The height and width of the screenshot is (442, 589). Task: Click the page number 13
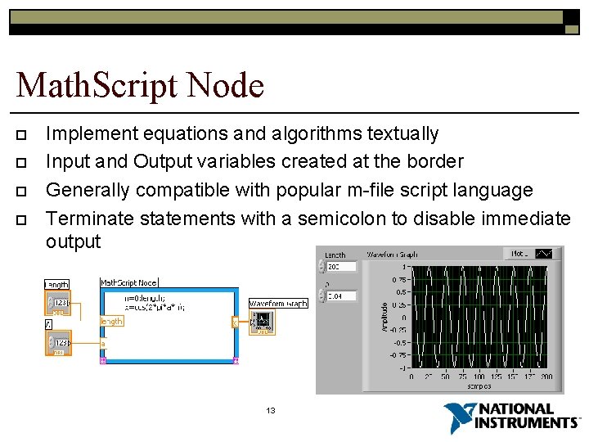pyautogui.click(x=271, y=410)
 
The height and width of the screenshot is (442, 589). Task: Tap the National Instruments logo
pyautogui.click(x=511, y=417)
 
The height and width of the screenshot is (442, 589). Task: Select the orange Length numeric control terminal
pyautogui.click(x=58, y=302)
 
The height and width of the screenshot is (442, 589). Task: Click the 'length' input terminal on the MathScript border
pyautogui.click(x=111, y=322)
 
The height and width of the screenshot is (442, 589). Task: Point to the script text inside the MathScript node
pyautogui.click(x=155, y=304)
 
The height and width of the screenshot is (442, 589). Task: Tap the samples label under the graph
pyautogui.click(x=479, y=385)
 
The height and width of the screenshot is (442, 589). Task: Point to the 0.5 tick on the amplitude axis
pyautogui.click(x=401, y=291)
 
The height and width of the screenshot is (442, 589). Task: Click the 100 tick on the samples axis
pyautogui.click(x=479, y=377)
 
